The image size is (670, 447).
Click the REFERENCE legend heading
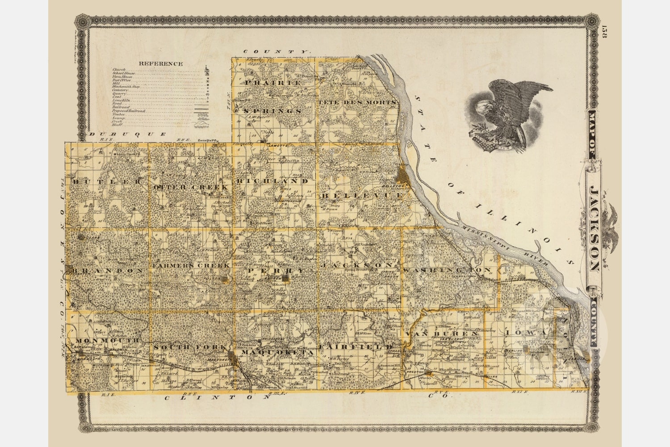pyautogui.click(x=160, y=63)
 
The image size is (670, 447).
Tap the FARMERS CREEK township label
pyautogui.click(x=191, y=265)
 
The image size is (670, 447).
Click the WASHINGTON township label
pyautogui.click(x=447, y=270)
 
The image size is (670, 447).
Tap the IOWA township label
pyautogui.click(x=526, y=333)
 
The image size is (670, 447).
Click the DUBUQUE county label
pyautogui.click(x=127, y=134)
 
